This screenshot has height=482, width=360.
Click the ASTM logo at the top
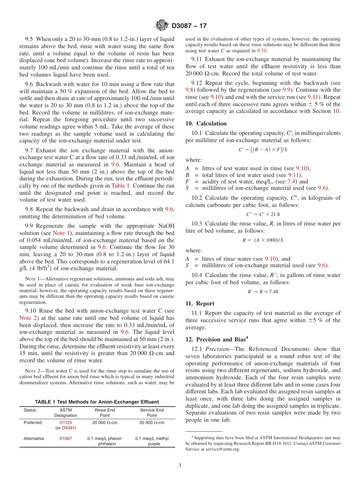pos(162,26)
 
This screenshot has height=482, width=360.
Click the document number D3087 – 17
pos(189,26)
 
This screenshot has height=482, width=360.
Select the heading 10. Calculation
pos(206,124)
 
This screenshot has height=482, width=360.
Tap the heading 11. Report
pos(200,304)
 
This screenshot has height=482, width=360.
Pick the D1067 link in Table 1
pos(66,438)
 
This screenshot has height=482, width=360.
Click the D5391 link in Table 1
pos(69,428)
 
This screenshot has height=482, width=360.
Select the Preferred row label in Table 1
pos(33,423)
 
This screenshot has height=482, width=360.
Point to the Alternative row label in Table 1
pos(34,438)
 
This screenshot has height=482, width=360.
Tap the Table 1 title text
pos(97,402)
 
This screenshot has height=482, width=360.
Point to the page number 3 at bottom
pos(180,465)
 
